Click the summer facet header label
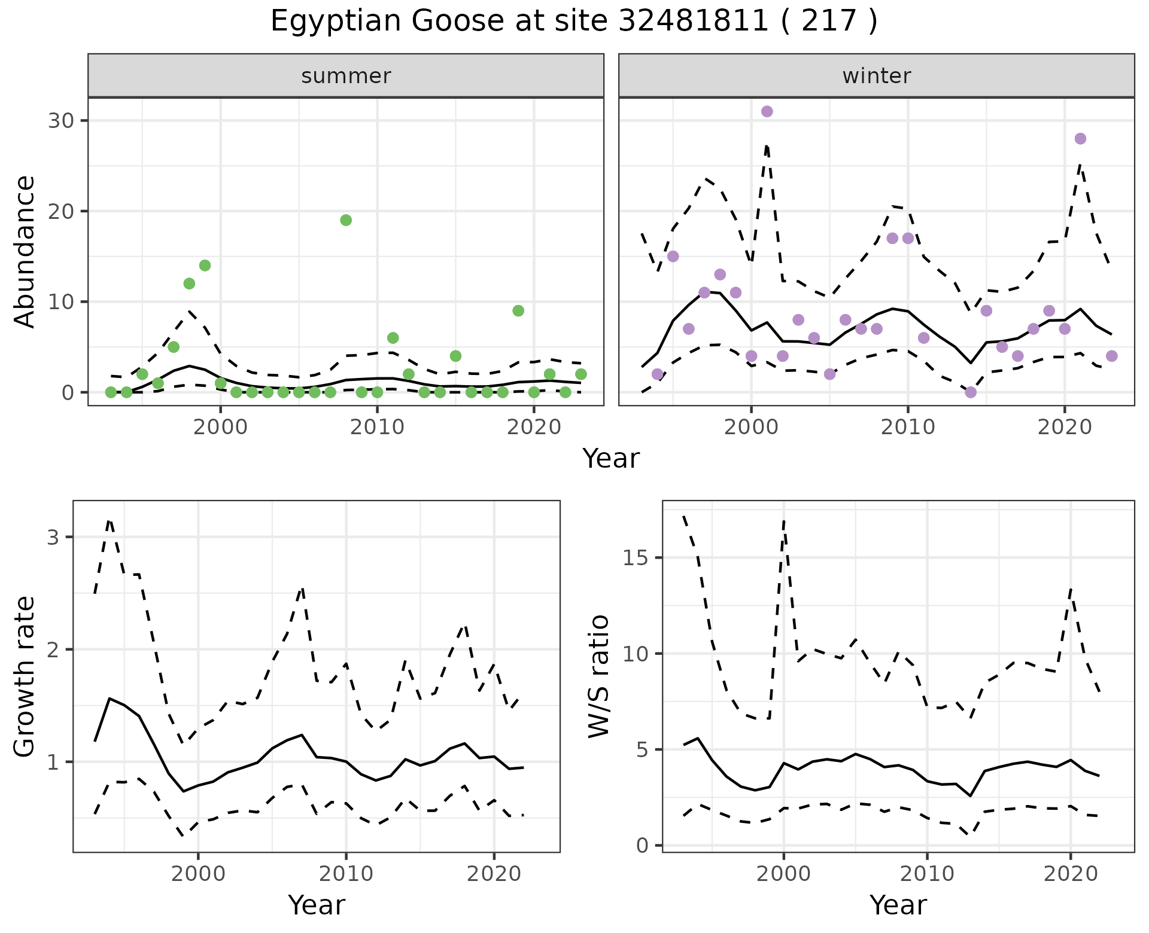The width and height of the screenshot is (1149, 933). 346,76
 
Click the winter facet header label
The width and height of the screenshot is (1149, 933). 876,76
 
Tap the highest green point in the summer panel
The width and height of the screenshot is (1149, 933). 346,220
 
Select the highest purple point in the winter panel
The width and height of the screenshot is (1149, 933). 767,111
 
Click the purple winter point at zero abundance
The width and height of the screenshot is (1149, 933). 971,392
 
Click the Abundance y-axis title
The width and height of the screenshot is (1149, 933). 25,251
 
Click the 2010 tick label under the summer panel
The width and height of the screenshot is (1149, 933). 377,428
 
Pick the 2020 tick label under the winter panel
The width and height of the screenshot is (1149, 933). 1065,428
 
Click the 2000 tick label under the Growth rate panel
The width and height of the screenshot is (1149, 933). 198,874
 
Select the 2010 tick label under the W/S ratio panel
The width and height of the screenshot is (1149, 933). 927,874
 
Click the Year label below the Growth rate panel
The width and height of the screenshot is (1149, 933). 317,905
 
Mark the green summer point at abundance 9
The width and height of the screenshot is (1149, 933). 518,311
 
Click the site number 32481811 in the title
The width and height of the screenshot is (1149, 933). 693,22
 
